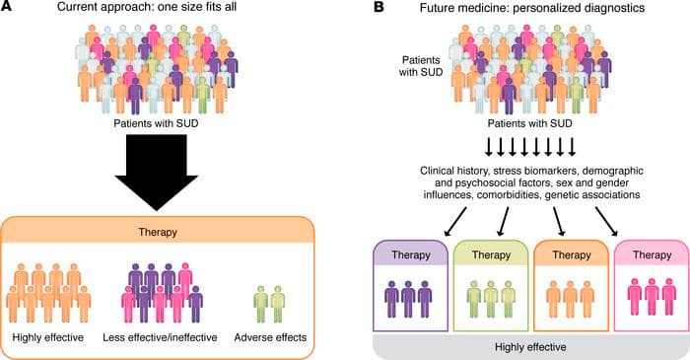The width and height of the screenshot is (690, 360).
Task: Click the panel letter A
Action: point(8,11)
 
